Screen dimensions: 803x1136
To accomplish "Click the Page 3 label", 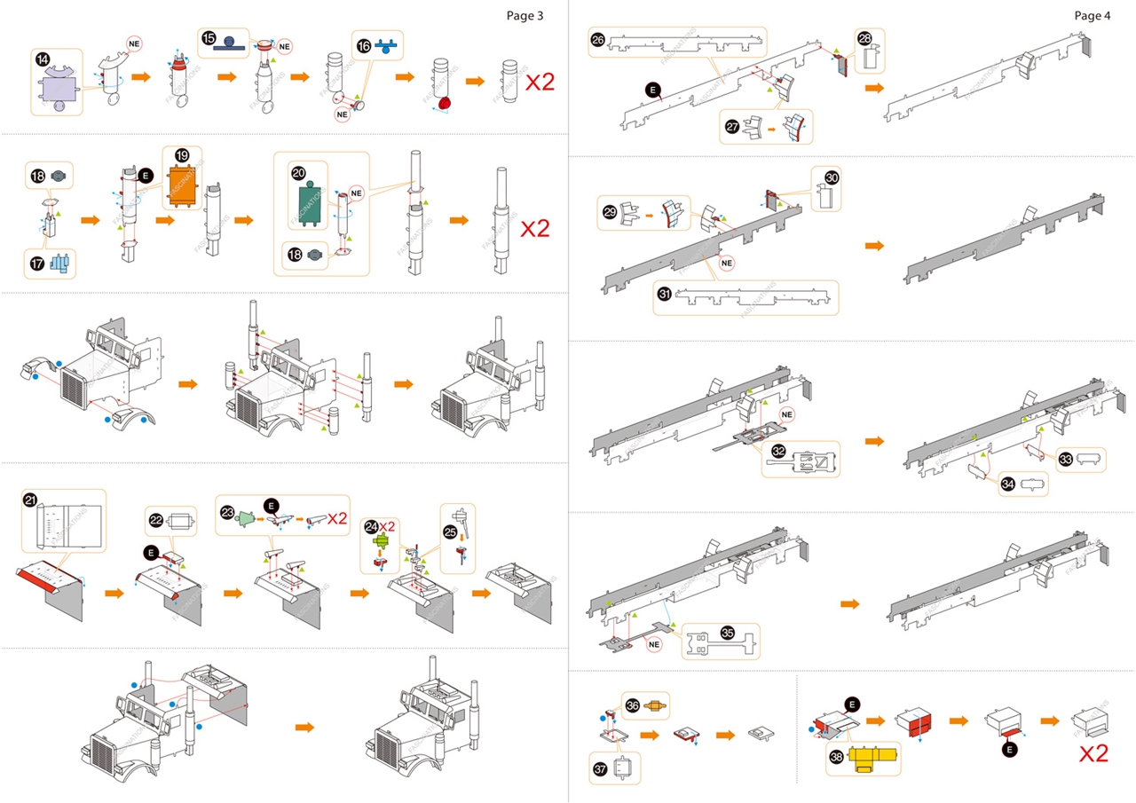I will [525, 15].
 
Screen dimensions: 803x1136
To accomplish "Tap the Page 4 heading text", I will [1092, 15].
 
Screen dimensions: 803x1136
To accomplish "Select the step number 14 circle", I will [43, 59].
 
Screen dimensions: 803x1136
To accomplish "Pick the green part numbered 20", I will [311, 198].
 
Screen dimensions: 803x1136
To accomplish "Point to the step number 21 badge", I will [31, 500].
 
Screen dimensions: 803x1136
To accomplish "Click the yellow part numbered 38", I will [873, 760].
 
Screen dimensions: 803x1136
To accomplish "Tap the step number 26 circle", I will [598, 39].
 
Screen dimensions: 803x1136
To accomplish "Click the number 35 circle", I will [728, 634].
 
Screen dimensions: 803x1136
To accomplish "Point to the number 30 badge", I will [831, 177].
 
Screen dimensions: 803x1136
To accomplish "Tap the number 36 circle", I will [633, 705].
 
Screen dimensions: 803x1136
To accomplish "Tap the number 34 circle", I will [1008, 484].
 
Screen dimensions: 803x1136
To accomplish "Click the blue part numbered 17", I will [60, 264].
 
